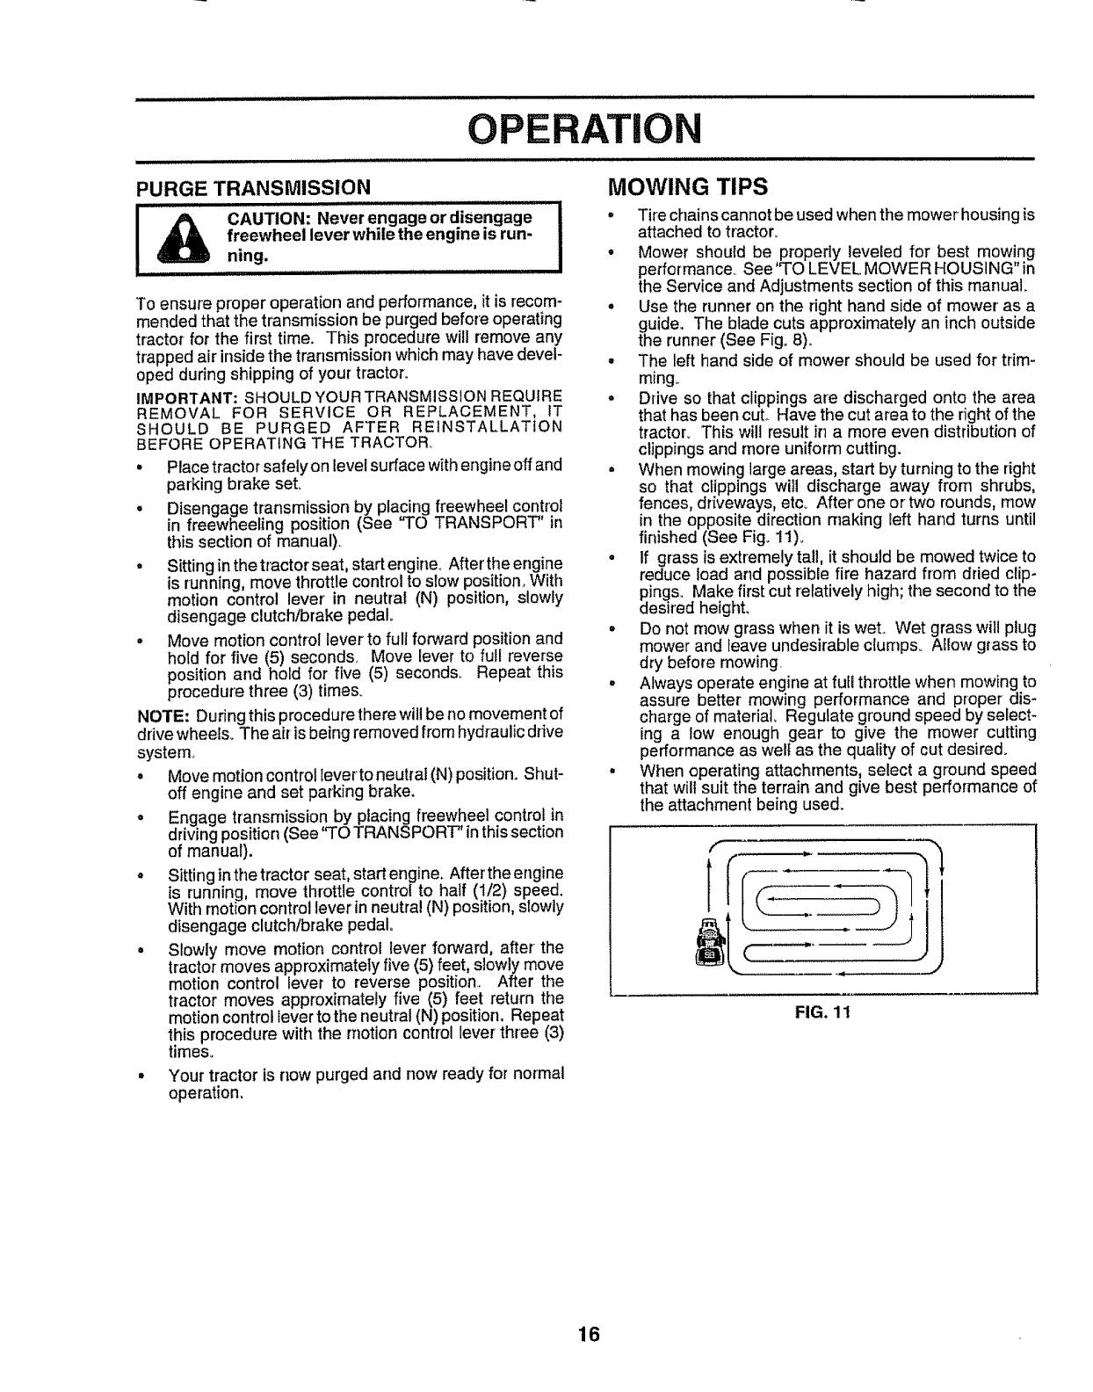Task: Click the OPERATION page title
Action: (584, 129)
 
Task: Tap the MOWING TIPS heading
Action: (688, 187)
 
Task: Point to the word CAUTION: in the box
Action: (270, 218)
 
